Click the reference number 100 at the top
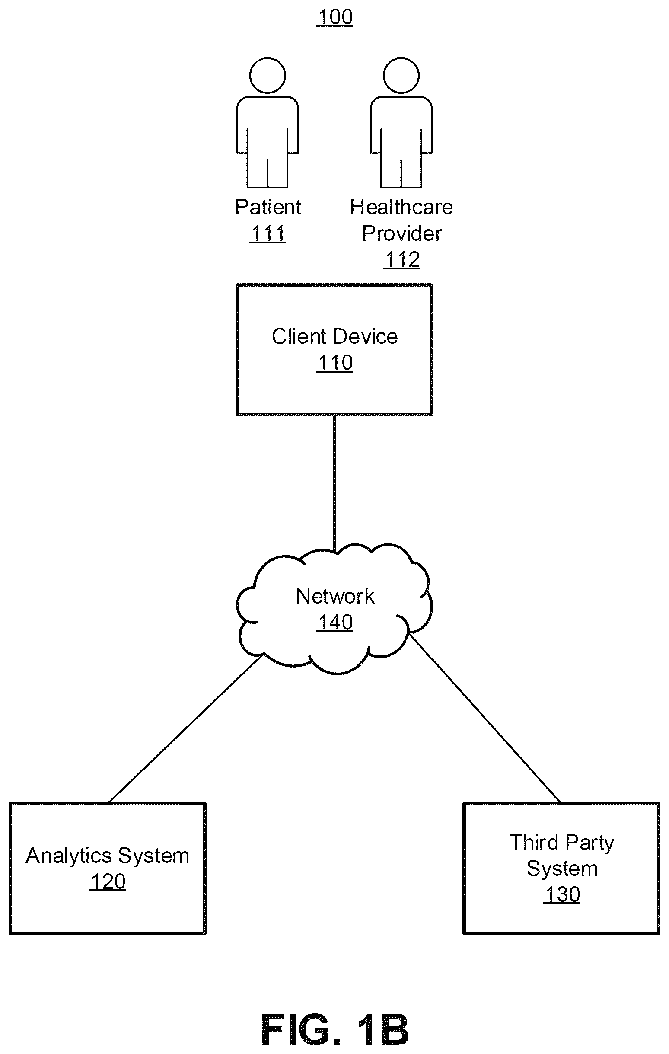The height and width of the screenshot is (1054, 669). click(335, 17)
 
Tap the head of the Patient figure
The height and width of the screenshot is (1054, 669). click(268, 75)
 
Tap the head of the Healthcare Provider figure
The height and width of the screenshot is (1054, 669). click(401, 75)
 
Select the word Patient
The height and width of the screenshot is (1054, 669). click(268, 207)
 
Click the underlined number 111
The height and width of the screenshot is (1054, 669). click(268, 233)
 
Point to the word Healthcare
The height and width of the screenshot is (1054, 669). click(401, 207)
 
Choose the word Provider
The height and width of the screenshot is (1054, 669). click(402, 233)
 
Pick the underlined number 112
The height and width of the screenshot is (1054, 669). click(401, 259)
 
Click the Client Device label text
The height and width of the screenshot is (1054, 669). click(335, 337)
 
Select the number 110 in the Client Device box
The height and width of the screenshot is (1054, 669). click(335, 363)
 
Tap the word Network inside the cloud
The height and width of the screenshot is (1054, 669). click(335, 596)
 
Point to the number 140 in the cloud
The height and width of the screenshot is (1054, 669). click(335, 623)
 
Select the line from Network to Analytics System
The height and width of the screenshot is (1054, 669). click(185, 729)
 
